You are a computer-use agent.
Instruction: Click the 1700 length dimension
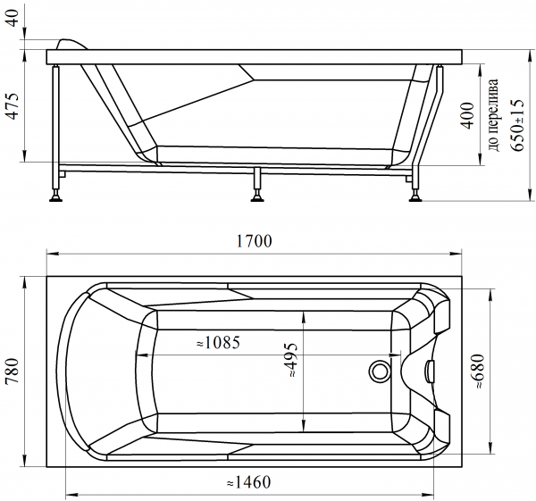pyautogui.click(x=255, y=241)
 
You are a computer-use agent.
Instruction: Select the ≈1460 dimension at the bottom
pyautogui.click(x=248, y=482)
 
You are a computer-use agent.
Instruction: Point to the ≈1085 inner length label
pyautogui.click(x=219, y=342)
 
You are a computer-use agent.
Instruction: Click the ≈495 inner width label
pyautogui.click(x=293, y=360)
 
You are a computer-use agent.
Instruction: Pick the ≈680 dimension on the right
pyautogui.click(x=479, y=372)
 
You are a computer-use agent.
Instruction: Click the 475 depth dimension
pyautogui.click(x=14, y=105)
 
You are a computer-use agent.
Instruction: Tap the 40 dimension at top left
pyautogui.click(x=13, y=19)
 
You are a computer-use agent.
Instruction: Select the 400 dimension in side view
pyautogui.click(x=468, y=115)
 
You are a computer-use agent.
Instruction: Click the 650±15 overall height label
pyautogui.click(x=516, y=125)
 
